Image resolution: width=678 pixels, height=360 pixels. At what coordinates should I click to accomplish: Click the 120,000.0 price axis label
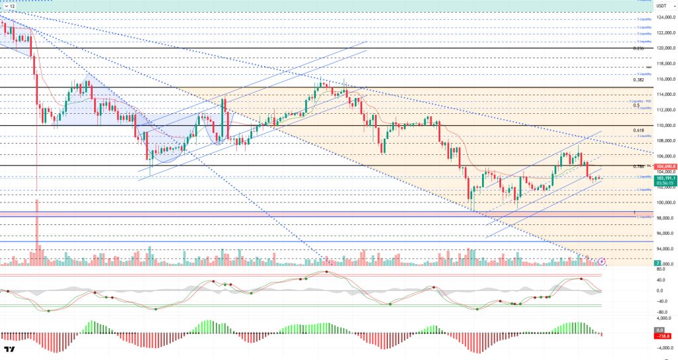664,48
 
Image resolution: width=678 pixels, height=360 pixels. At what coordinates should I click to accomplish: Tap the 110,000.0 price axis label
664,125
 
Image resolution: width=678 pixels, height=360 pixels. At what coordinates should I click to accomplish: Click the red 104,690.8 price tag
664,166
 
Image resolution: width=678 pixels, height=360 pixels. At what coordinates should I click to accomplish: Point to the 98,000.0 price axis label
664,218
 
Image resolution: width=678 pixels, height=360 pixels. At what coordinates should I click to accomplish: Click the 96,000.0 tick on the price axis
664,234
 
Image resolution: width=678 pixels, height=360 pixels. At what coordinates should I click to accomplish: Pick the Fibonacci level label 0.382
638,80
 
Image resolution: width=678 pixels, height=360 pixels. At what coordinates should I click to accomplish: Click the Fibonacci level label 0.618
638,130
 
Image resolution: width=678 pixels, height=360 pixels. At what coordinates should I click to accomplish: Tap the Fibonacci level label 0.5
636,105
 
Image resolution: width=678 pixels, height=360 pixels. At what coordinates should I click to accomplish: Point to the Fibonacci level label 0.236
638,48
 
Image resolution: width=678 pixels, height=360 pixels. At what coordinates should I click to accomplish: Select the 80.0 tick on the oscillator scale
660,269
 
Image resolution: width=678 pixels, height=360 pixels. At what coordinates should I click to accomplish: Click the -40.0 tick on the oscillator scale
660,301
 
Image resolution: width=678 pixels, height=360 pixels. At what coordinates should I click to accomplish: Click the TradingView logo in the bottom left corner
10,350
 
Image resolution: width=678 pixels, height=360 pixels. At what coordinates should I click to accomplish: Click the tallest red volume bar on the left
36,232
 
